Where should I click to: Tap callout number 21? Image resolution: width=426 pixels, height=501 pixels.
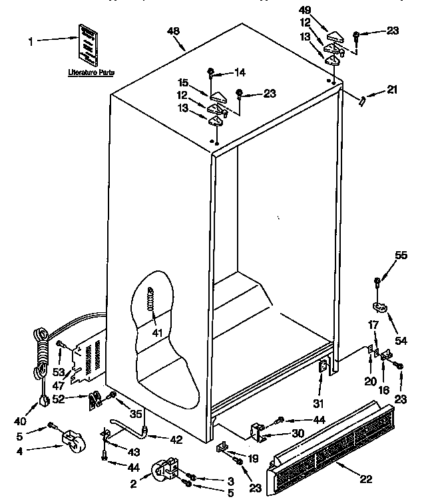391,90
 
